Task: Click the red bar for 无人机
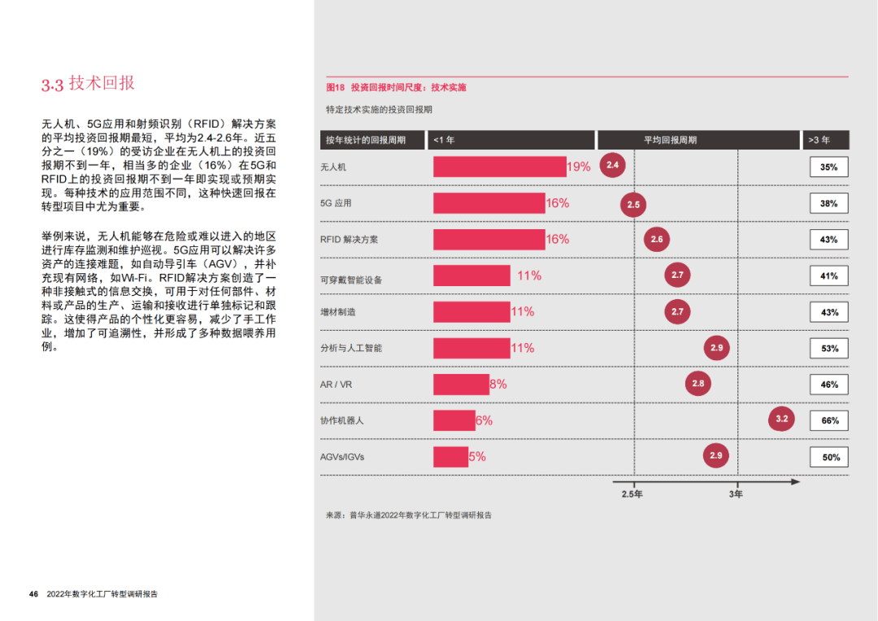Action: [499, 167]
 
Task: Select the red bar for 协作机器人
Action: [454, 420]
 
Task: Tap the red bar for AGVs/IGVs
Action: [450, 457]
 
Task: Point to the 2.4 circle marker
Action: [613, 166]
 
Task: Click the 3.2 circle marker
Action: [781, 419]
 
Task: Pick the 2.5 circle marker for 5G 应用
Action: [633, 204]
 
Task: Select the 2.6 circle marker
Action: [657, 239]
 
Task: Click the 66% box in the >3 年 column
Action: [829, 421]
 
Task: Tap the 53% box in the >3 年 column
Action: [829, 349]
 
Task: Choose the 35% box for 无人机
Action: [829, 167]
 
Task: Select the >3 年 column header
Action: [826, 140]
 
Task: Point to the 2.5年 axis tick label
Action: [632, 494]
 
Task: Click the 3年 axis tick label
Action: [736, 494]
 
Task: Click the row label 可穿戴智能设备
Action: [351, 280]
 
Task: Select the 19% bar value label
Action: [579, 167]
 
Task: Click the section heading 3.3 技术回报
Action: [88, 84]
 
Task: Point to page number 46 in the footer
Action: [33, 594]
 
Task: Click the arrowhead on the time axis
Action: [795, 482]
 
